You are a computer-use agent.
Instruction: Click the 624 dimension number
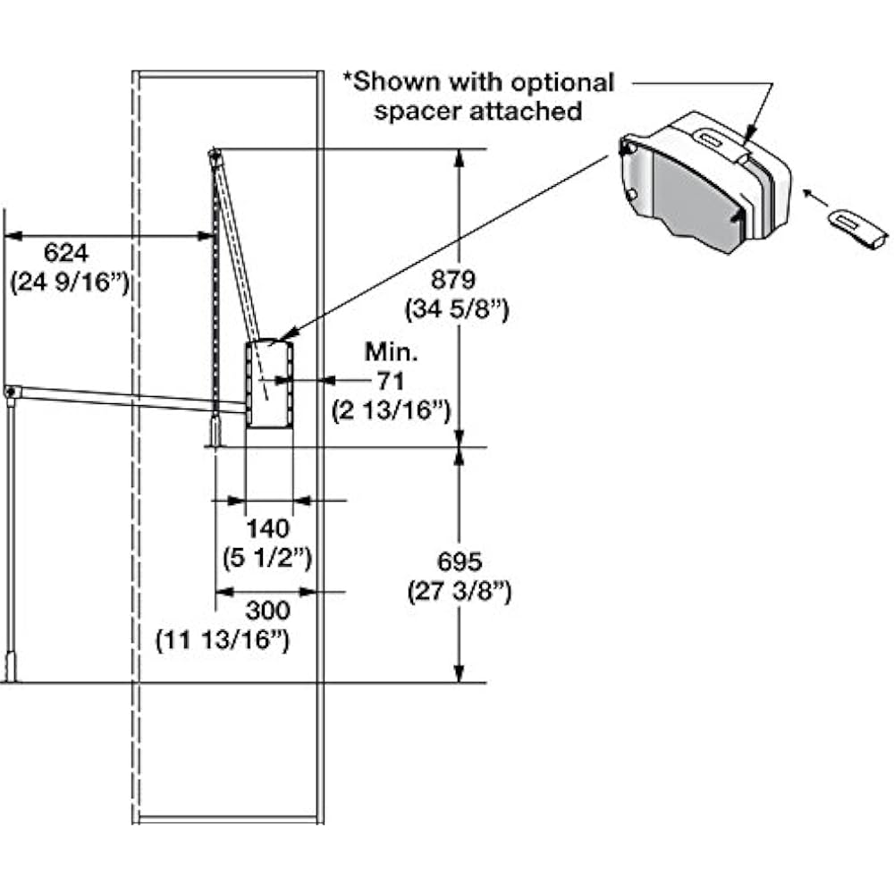(67, 253)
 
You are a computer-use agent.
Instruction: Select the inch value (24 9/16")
(71, 283)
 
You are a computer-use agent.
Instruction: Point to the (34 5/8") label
(459, 310)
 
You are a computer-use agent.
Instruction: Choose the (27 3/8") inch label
(460, 592)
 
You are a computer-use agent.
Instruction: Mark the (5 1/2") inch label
(266, 558)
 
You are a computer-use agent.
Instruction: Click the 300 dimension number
(267, 611)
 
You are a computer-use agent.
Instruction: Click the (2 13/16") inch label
(390, 411)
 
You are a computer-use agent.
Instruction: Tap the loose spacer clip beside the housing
(857, 229)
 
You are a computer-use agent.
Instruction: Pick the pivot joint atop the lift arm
(214, 156)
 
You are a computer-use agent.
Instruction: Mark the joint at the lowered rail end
(11, 392)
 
